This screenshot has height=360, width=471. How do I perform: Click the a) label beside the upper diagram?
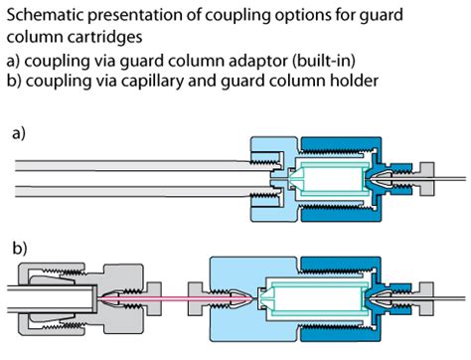(x=17, y=129)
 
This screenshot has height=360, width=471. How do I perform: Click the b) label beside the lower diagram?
(x=17, y=244)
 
